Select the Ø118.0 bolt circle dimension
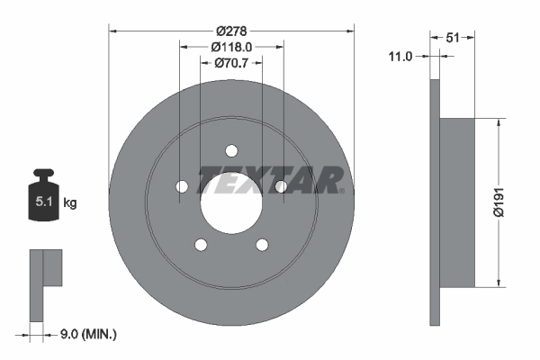pyautogui.click(x=231, y=47)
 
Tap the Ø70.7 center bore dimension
pyautogui.click(x=231, y=63)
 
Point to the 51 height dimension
pyautogui.click(x=453, y=37)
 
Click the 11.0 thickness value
pyautogui.click(x=400, y=56)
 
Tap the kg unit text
pyautogui.click(x=70, y=203)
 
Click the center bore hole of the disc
pyautogui.click(x=231, y=202)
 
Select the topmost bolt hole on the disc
pyautogui.click(x=231, y=150)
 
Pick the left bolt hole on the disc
pyautogui.click(x=182, y=186)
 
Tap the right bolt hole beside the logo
pyautogui.click(x=281, y=186)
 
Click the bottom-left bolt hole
pyautogui.click(x=201, y=244)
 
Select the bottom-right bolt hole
pyautogui.click(x=262, y=244)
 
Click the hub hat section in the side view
pyautogui.click(x=457, y=202)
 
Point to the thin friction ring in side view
pyautogui.click(x=436, y=202)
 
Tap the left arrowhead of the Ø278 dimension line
pyautogui.click(x=112, y=31)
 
